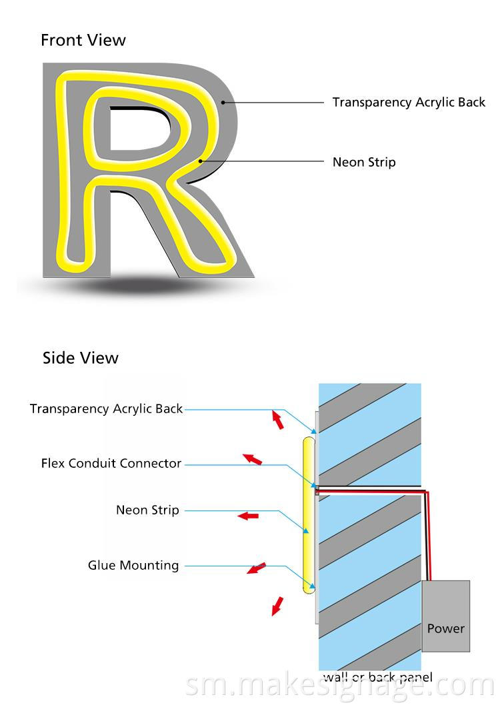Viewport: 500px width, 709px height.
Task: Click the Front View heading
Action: coord(83,40)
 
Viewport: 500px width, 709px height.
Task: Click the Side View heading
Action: coord(81,358)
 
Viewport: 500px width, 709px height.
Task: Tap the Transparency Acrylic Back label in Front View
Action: coord(409,103)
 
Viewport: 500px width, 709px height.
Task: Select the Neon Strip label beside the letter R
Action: coord(364,162)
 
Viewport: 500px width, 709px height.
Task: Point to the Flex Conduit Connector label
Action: coord(111,463)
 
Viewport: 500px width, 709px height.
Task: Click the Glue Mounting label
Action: coord(133,566)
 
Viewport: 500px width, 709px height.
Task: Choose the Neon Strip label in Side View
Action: coord(147,510)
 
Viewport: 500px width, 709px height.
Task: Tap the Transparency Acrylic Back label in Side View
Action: coord(106,408)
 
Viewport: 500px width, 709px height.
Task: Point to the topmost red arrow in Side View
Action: coord(276,419)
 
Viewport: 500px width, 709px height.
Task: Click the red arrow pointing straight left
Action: coord(249,516)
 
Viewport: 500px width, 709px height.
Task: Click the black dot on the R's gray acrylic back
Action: coord(224,103)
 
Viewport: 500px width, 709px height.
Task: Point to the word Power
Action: coord(445,628)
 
